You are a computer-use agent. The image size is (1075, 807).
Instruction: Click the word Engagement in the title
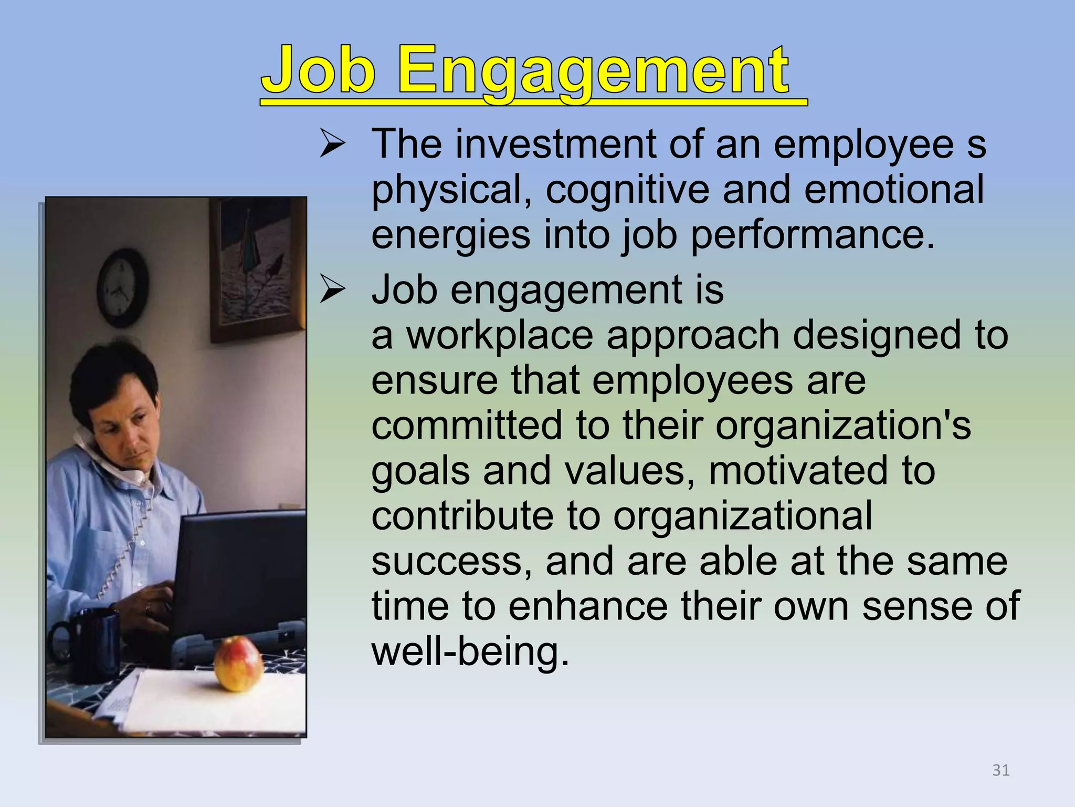coord(593,71)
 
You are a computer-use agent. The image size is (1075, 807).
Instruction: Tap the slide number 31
coord(1001,770)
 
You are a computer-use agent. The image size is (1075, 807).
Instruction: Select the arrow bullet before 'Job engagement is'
coord(332,290)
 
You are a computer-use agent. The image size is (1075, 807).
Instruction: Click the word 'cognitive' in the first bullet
coord(627,190)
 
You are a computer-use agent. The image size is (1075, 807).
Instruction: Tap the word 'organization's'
coord(843,426)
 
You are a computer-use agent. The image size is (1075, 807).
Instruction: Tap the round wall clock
coord(123,288)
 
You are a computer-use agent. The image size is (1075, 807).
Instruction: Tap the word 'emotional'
coord(893,190)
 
